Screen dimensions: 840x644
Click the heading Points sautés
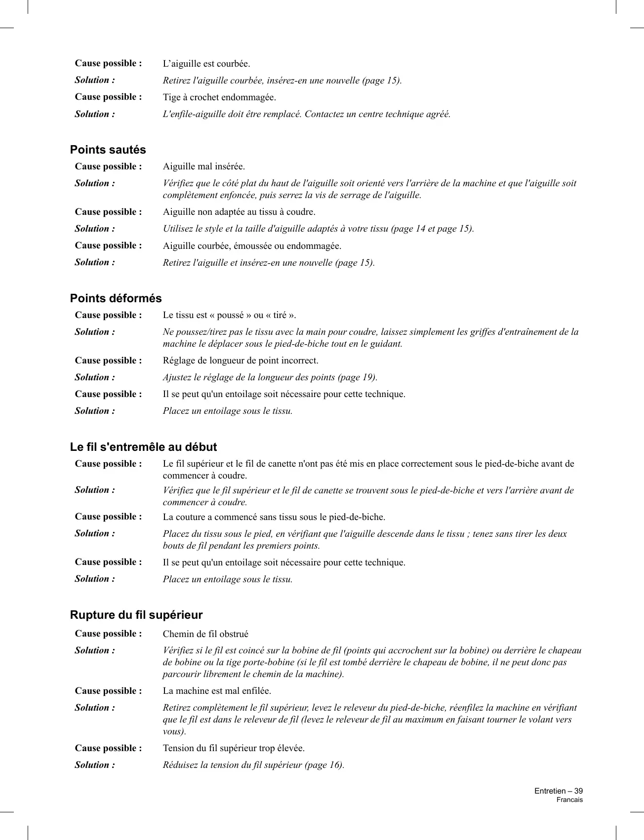click(108, 150)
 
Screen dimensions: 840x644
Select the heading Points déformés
click(116, 298)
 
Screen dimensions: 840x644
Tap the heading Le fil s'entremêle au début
click(143, 447)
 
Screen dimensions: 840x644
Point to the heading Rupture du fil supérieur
click(136, 615)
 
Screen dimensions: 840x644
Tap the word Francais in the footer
click(569, 800)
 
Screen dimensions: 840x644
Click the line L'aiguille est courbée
click(206, 64)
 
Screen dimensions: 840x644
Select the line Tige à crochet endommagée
click(219, 97)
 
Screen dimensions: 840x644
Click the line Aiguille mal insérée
click(204, 166)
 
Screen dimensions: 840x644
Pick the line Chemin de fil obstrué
click(205, 634)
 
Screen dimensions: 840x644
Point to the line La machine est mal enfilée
click(217, 691)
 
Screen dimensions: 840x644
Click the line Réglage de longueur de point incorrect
click(241, 360)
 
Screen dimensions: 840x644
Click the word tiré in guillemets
click(278, 315)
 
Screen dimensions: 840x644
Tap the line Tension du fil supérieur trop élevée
click(234, 748)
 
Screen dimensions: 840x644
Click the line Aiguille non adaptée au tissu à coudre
click(239, 212)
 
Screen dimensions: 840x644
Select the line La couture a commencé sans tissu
click(274, 517)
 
